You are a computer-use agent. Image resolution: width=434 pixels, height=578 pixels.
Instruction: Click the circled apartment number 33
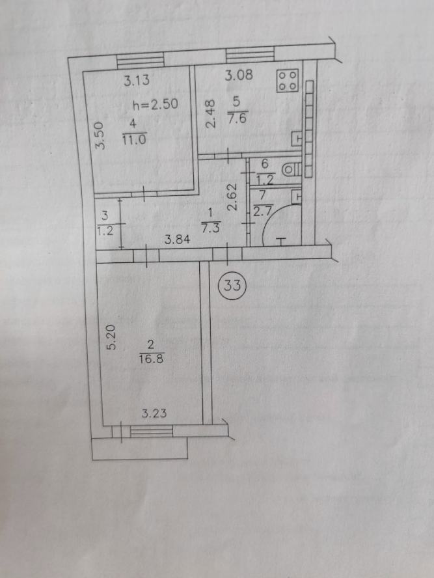(232, 285)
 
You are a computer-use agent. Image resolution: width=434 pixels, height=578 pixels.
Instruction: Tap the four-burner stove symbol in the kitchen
(288, 80)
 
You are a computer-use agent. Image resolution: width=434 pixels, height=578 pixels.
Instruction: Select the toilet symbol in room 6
(292, 170)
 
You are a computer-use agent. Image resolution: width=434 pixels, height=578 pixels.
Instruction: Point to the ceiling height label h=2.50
(155, 104)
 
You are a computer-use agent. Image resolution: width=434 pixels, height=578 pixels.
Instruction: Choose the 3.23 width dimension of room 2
(154, 413)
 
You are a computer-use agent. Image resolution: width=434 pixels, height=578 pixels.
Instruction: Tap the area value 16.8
(151, 358)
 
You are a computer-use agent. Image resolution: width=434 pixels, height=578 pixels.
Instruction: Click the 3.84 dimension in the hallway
(177, 240)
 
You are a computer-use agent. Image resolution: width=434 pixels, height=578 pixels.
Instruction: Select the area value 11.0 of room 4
(135, 140)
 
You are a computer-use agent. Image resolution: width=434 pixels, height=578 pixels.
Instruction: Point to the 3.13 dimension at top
(137, 80)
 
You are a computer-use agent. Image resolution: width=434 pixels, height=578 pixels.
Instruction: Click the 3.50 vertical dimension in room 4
(100, 136)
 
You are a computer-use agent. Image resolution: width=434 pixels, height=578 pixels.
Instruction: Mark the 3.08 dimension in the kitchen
(239, 76)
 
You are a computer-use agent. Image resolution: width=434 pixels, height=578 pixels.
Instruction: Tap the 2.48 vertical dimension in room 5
(210, 115)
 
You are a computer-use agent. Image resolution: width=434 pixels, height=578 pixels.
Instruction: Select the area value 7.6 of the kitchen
(237, 119)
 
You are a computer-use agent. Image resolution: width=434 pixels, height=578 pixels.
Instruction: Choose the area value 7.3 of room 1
(211, 228)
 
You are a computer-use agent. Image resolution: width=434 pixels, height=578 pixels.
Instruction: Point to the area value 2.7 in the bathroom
(262, 212)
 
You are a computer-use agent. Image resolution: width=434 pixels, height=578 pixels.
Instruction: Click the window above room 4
(141, 59)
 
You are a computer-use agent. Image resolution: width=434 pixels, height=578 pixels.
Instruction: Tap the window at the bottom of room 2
(152, 431)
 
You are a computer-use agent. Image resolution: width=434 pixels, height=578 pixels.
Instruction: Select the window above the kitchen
(250, 54)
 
